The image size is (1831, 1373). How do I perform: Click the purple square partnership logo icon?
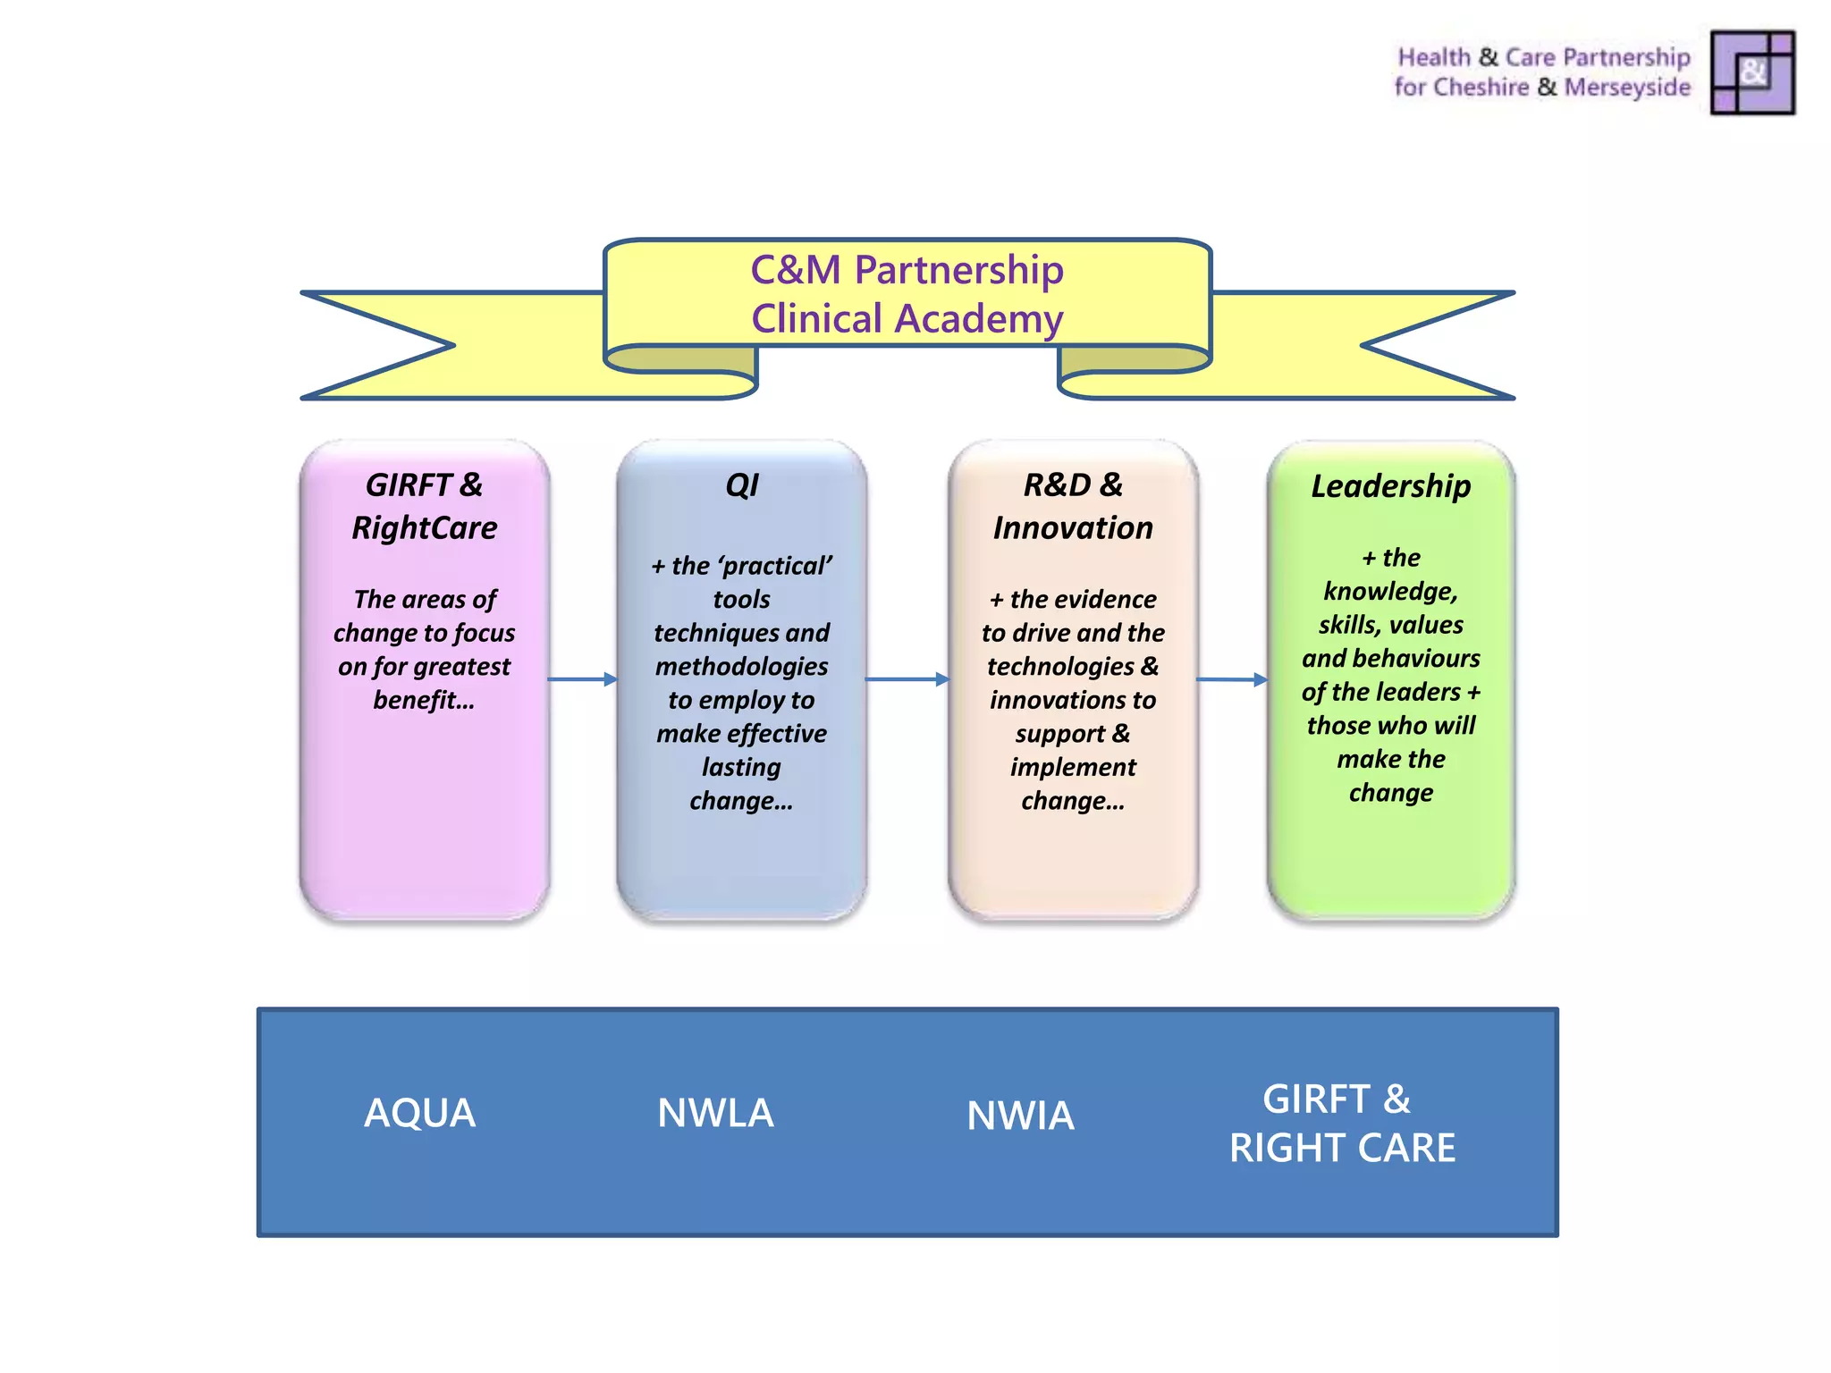(x=1751, y=72)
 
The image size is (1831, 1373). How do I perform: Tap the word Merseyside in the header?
(x=1627, y=88)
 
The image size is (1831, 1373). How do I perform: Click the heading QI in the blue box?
(x=741, y=485)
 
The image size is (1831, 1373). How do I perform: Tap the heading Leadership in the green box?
(x=1390, y=486)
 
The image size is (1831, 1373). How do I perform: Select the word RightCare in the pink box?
(x=424, y=528)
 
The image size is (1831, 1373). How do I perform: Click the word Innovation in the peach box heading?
(x=1072, y=528)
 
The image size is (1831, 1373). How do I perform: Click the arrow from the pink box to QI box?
(x=582, y=679)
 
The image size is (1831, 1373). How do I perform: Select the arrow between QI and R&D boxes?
(x=907, y=679)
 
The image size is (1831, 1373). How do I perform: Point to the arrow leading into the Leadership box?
(x=1231, y=679)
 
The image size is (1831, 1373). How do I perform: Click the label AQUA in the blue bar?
(x=419, y=1113)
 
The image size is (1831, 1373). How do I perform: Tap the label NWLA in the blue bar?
(x=715, y=1113)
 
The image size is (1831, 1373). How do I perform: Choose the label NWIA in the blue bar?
(x=1020, y=1116)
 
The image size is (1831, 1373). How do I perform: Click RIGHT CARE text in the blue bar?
(x=1342, y=1148)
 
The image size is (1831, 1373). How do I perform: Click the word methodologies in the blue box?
(x=741, y=667)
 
